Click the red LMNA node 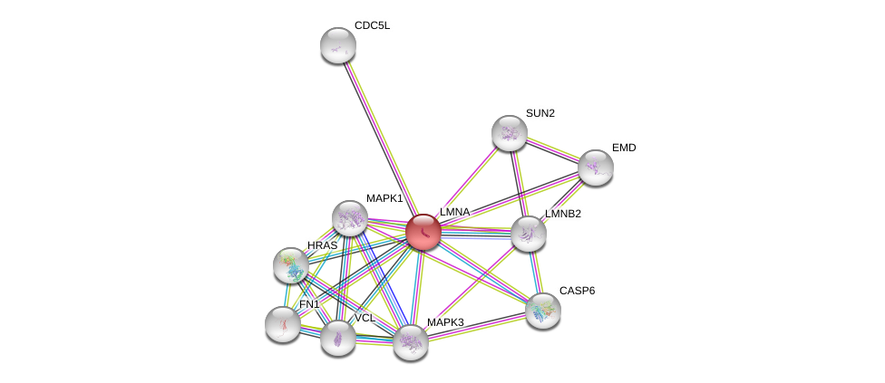[x=423, y=232]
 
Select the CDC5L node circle [x=338, y=45]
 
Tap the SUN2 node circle [x=509, y=133]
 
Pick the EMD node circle [x=596, y=167]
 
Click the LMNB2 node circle [x=528, y=234]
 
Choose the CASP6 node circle [x=542, y=310]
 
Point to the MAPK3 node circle [x=410, y=341]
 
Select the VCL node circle [x=338, y=337]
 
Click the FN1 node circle [x=283, y=323]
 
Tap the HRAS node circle [x=291, y=264]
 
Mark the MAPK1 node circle [x=349, y=218]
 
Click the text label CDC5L [x=372, y=25]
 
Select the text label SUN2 [x=540, y=113]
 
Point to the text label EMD [x=623, y=148]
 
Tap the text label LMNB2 [x=563, y=214]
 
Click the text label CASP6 [x=577, y=291]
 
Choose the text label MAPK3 [x=445, y=322]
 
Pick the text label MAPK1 [x=384, y=198]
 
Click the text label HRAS [x=322, y=245]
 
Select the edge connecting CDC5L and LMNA [x=379, y=136]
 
